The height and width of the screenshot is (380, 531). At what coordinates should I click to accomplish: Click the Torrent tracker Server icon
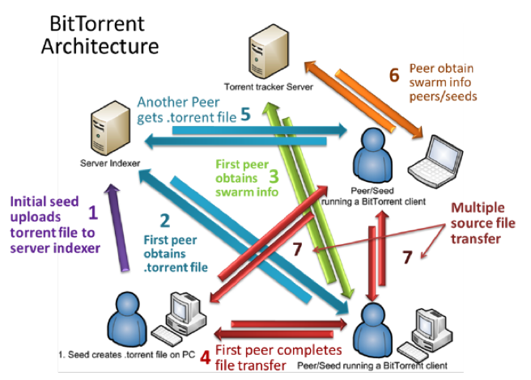[269, 51]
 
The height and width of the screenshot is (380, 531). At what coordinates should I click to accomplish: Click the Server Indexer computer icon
[110, 128]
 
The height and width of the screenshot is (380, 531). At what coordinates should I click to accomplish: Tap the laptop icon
[435, 161]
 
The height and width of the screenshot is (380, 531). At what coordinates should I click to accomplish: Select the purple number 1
[93, 213]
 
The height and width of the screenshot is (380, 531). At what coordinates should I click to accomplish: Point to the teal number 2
[165, 221]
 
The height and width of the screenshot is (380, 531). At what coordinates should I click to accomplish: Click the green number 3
[274, 176]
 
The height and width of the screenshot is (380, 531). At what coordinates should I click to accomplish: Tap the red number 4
[206, 357]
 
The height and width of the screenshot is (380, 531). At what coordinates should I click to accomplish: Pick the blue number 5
[245, 114]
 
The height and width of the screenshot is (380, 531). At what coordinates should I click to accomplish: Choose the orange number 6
[394, 74]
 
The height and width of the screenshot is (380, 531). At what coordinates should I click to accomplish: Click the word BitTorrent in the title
[97, 23]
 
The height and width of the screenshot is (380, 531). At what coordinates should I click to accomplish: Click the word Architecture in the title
[100, 46]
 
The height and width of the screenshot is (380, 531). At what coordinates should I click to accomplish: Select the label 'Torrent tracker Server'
[269, 87]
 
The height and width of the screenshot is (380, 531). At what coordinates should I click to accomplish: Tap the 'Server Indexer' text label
[110, 163]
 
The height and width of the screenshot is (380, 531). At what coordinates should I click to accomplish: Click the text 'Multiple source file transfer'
[483, 223]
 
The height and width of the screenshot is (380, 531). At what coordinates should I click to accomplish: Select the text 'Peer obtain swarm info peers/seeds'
[443, 82]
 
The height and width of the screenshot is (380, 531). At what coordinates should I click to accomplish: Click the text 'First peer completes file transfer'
[278, 357]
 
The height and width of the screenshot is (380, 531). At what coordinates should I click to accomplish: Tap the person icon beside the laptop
[372, 155]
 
